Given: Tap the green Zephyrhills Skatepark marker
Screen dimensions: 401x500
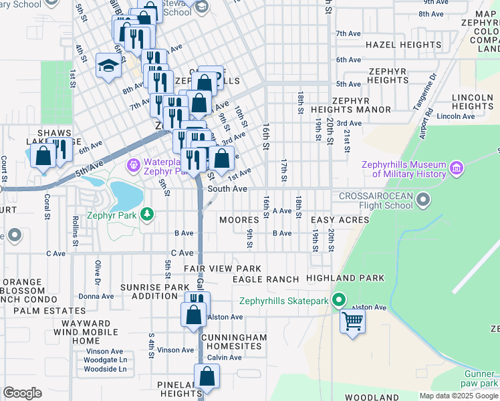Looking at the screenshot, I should click(338, 301).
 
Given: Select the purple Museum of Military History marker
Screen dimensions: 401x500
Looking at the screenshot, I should click(457, 167).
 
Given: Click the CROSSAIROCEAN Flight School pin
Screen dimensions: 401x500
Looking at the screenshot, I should click(423, 199).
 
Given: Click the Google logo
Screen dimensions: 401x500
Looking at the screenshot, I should click(22, 393).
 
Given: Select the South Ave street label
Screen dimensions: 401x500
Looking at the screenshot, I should click(227, 189).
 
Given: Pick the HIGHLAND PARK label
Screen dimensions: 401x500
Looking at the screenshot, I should click(345, 277).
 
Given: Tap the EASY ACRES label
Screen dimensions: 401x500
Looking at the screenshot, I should click(339, 220).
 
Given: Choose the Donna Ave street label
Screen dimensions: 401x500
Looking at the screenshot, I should click(96, 296).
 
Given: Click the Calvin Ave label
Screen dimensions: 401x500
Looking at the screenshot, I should click(224, 358).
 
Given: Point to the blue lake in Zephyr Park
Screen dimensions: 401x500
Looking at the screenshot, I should click(126, 195).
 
